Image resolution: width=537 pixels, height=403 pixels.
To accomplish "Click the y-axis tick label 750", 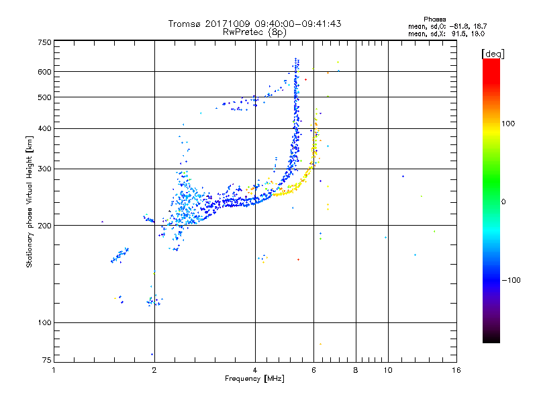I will tap(44, 42).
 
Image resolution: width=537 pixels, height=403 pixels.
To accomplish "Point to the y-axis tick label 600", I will tap(44, 72).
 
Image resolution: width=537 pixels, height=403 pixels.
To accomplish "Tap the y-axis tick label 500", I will tap(44, 97).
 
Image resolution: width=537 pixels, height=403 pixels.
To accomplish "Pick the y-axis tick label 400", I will tap(44, 128).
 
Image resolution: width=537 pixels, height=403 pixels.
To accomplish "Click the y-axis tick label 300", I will tap(44, 169).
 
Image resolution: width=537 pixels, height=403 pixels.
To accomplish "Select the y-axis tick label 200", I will tap(44, 226).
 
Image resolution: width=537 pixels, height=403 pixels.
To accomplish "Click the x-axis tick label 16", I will tap(456, 370).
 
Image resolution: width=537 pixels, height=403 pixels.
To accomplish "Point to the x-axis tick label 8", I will tap(356, 370).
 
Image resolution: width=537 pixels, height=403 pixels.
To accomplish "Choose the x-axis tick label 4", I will tap(255, 370).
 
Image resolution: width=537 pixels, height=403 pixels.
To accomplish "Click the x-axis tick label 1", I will tap(54, 370).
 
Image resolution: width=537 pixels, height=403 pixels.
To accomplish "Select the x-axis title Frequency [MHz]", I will tap(254, 379).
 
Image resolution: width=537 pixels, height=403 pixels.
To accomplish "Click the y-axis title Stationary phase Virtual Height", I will tap(30, 201).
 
